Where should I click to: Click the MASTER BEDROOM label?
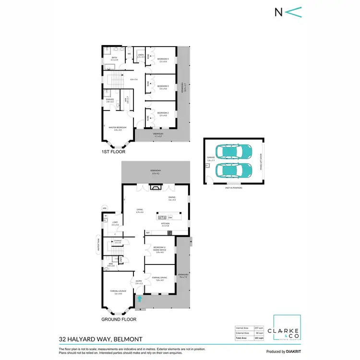(x=114, y=128)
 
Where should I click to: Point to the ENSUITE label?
(x=109, y=100)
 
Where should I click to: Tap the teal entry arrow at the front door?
(x=140, y=299)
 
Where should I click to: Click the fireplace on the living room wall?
(x=154, y=189)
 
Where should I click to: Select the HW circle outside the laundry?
(x=104, y=208)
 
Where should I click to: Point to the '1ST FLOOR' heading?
(x=113, y=152)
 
